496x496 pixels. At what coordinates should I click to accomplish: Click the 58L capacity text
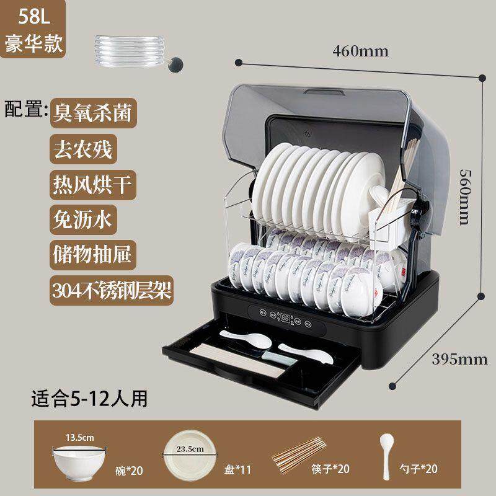tap(34, 16)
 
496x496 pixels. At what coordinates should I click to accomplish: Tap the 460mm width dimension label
tap(361, 51)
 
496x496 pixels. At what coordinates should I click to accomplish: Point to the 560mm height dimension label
tap(466, 197)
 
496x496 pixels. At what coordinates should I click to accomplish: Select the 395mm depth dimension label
tap(459, 360)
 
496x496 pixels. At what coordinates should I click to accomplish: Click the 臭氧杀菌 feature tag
tap(94, 113)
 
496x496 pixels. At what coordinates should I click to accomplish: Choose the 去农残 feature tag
tap(84, 149)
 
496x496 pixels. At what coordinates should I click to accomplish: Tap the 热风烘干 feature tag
tap(93, 185)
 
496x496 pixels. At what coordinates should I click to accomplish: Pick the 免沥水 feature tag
tap(84, 220)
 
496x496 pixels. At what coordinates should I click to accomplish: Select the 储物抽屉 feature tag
tap(93, 255)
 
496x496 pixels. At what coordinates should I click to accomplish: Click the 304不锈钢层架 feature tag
tap(112, 290)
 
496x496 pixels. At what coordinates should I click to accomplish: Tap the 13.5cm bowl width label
tap(80, 438)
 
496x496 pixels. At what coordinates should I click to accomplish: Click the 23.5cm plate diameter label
tap(190, 449)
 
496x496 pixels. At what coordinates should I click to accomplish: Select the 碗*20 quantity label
tap(129, 471)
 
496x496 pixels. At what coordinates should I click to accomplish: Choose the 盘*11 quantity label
tap(237, 470)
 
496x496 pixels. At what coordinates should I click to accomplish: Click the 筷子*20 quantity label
tap(330, 469)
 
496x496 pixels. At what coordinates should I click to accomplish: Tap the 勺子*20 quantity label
tap(418, 469)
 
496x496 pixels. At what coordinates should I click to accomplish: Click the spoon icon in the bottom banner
tap(386, 456)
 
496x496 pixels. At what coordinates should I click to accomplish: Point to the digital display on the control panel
tap(285, 317)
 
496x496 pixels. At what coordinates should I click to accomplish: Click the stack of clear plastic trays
tap(130, 51)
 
